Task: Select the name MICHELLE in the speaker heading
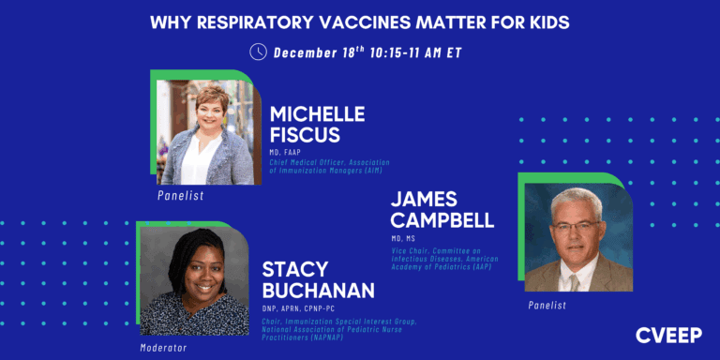pyautogui.click(x=317, y=113)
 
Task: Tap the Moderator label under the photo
pyautogui.click(x=163, y=347)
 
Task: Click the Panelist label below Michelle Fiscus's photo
pyautogui.click(x=181, y=196)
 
